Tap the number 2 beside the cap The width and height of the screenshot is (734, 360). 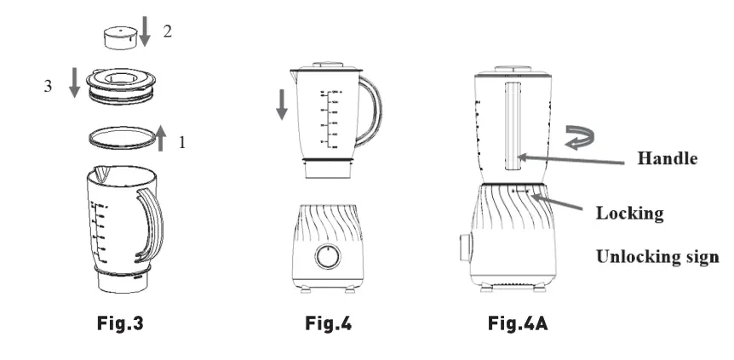pos(168,32)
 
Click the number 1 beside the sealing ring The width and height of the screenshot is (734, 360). pos(181,143)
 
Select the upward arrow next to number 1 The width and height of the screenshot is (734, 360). pos(161,136)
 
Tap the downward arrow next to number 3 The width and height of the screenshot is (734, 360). pos(74,83)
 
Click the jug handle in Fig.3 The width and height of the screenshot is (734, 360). pos(151,225)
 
